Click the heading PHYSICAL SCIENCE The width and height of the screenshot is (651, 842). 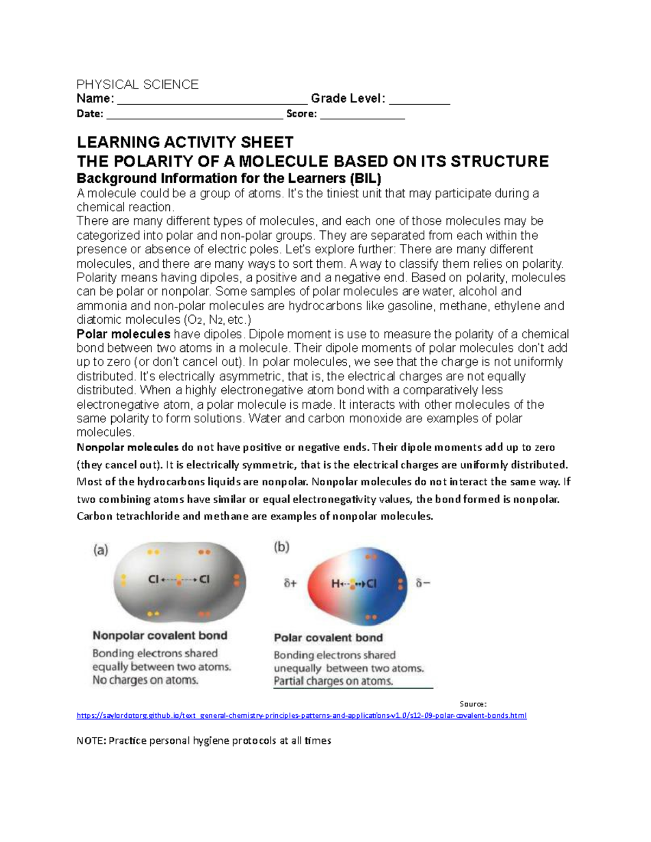click(137, 85)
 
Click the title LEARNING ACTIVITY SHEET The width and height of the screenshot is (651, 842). click(185, 143)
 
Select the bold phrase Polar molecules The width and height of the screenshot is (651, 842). click(124, 334)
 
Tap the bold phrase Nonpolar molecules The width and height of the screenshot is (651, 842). click(127, 447)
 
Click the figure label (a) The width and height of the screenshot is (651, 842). click(101, 550)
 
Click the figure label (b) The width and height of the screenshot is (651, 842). click(282, 547)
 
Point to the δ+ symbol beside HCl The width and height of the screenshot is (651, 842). click(290, 584)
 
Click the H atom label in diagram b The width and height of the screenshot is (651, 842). click(335, 584)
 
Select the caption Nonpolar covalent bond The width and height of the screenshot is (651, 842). click(159, 635)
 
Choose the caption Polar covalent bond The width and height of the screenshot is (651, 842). click(328, 638)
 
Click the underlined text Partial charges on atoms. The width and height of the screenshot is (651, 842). click(333, 682)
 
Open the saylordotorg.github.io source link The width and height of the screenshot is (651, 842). click(301, 716)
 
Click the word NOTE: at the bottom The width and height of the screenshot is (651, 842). click(91, 741)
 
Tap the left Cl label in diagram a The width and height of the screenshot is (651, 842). click(154, 580)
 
